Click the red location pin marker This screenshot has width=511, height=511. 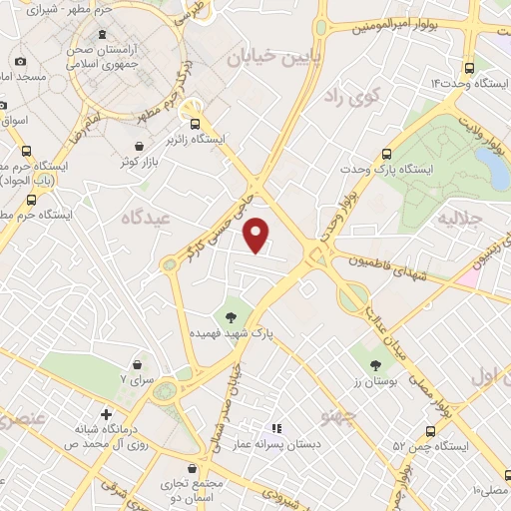click(257, 236)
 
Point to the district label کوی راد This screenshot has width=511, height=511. click(346, 97)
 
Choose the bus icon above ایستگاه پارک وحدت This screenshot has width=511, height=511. click(388, 154)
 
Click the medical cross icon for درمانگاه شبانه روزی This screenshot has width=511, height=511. click(107, 413)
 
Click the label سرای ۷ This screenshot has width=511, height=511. click(137, 380)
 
